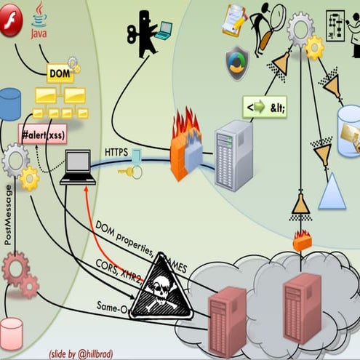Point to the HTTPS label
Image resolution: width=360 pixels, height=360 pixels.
pyautogui.click(x=117, y=152)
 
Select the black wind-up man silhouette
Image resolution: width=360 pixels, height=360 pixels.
pyautogui.click(x=144, y=33)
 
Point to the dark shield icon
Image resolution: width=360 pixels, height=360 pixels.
pyautogui.click(x=236, y=63)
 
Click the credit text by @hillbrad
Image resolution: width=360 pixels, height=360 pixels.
pyautogui.click(x=81, y=353)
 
